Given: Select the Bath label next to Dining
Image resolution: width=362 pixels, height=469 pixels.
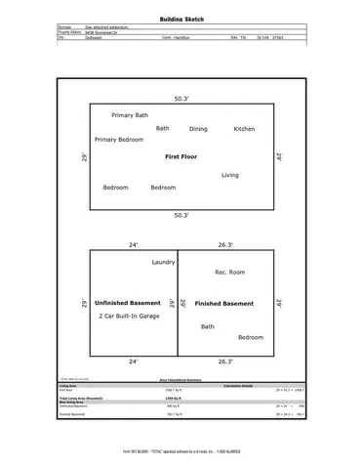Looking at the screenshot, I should (x=162, y=129).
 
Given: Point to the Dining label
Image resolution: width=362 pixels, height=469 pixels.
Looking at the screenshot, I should (x=198, y=129).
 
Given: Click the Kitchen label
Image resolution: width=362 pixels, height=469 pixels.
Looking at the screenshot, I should (x=244, y=129).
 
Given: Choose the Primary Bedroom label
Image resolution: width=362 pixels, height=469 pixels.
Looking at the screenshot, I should (x=119, y=140).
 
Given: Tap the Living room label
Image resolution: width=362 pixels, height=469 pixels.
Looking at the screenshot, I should (x=230, y=175).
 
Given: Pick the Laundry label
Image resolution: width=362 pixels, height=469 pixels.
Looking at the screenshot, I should (x=163, y=263).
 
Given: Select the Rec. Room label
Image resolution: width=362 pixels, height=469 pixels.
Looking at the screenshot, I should (x=229, y=272).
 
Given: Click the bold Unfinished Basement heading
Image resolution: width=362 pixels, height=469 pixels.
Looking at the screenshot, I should (x=127, y=304).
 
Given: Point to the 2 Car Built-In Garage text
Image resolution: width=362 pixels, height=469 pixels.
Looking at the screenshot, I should (x=129, y=317).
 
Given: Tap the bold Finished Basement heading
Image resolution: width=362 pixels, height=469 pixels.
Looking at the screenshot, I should (x=224, y=304).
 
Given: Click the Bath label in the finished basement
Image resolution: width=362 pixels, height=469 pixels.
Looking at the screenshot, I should (x=208, y=326).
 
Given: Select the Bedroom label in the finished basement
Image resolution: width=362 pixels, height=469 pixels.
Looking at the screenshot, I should (x=251, y=337).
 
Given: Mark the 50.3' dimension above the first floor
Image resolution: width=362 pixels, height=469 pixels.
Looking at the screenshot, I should (x=181, y=99).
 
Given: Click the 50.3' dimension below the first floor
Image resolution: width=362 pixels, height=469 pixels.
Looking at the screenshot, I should (x=181, y=215).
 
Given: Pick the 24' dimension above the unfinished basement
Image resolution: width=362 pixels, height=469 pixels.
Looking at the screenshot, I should (x=133, y=244).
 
